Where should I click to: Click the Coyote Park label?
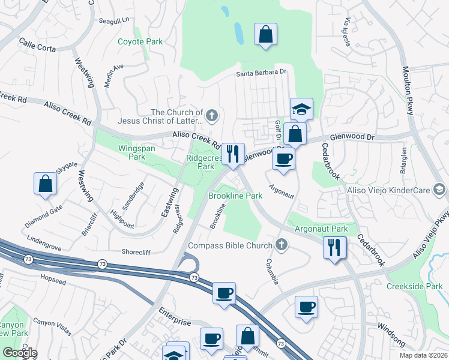pyautogui.click(x=140, y=42)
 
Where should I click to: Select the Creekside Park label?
pyautogui.click(x=414, y=287)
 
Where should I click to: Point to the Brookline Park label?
pyautogui.click(x=235, y=196)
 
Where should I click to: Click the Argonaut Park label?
pyautogui.click(x=321, y=229)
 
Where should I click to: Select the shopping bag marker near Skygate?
pyautogui.click(x=46, y=184)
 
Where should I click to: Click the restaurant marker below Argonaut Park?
pyautogui.click(x=334, y=247)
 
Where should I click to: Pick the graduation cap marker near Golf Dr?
pyautogui.click(x=301, y=109)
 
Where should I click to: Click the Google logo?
pyautogui.click(x=19, y=353)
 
